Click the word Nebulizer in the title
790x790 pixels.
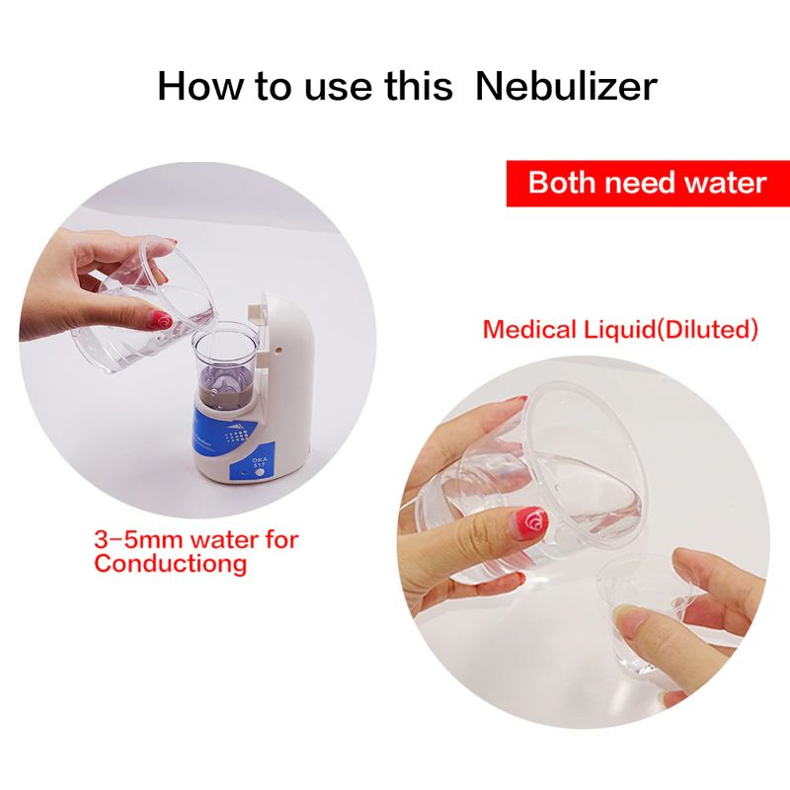click(566, 86)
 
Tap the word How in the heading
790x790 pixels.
click(200, 86)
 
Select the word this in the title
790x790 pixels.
click(418, 86)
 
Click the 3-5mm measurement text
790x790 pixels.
click(138, 540)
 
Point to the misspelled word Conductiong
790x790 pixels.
click(170, 563)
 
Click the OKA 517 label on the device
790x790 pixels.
click(259, 462)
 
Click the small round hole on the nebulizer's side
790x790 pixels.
click(276, 349)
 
